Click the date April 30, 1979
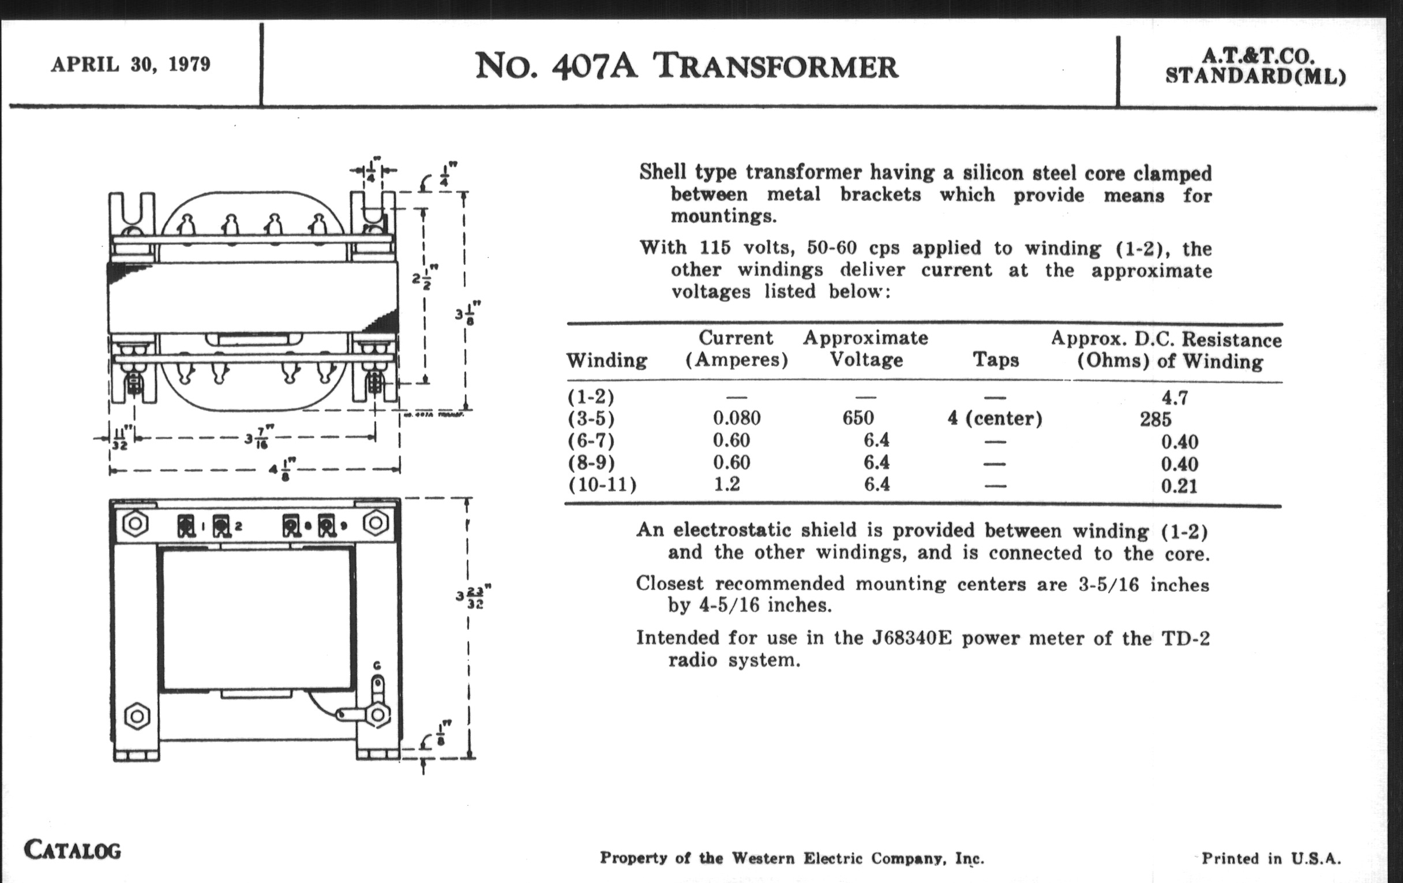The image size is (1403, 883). (x=130, y=64)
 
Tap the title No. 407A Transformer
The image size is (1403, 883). (x=687, y=66)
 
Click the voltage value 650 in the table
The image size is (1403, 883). (x=858, y=418)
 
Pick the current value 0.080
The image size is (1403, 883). (x=737, y=418)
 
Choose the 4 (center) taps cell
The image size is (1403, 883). (x=995, y=418)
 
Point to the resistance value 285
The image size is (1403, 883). (x=1156, y=419)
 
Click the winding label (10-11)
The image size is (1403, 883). (x=602, y=484)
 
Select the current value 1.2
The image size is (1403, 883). (x=727, y=484)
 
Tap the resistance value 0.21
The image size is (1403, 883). (x=1179, y=485)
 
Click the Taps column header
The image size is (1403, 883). (x=995, y=360)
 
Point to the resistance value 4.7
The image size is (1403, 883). (x=1174, y=398)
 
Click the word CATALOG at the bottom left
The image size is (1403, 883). (x=72, y=850)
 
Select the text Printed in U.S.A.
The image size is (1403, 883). (x=1271, y=859)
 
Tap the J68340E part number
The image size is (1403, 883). (x=912, y=638)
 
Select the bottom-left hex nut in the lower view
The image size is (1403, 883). (x=137, y=716)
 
